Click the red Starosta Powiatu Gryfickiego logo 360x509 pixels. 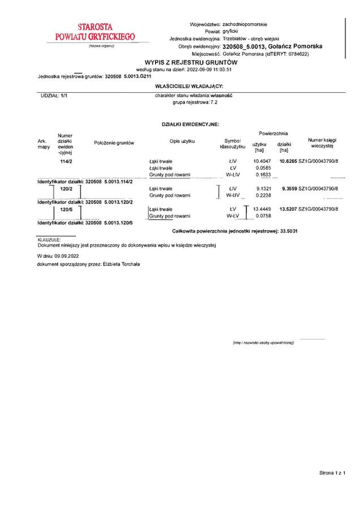pos(95,32)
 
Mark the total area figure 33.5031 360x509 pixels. pos(289,232)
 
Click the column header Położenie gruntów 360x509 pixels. pos(114,143)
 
